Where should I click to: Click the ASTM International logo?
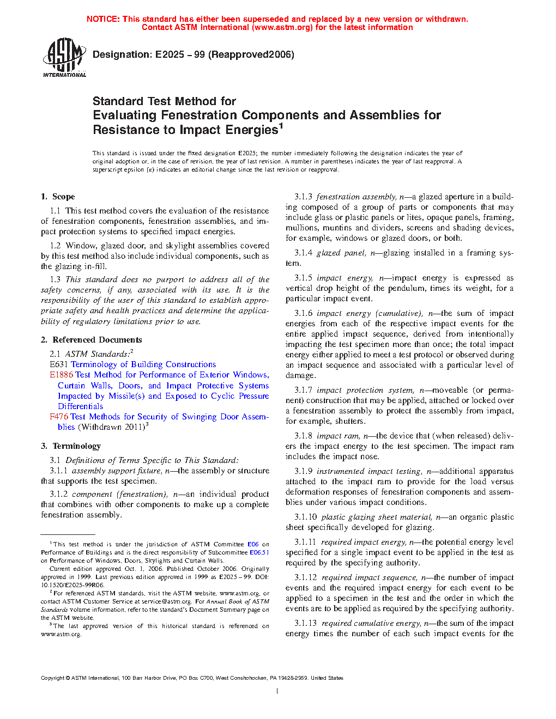coord(64,57)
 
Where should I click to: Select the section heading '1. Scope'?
coord(58,197)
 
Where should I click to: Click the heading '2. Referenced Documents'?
coord(92,340)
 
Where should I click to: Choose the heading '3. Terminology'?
coord(71,446)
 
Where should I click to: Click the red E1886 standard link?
coord(61,375)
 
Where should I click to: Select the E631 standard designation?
coord(58,364)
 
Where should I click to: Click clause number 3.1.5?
coord(303,278)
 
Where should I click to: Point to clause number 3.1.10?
coord(305,517)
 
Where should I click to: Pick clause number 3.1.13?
coord(305,623)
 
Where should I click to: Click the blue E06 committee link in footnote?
coord(253,544)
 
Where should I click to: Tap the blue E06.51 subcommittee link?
coord(259,552)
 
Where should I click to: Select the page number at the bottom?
coord(277,691)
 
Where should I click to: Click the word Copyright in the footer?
coord(52,678)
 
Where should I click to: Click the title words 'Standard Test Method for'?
coord(164,101)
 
